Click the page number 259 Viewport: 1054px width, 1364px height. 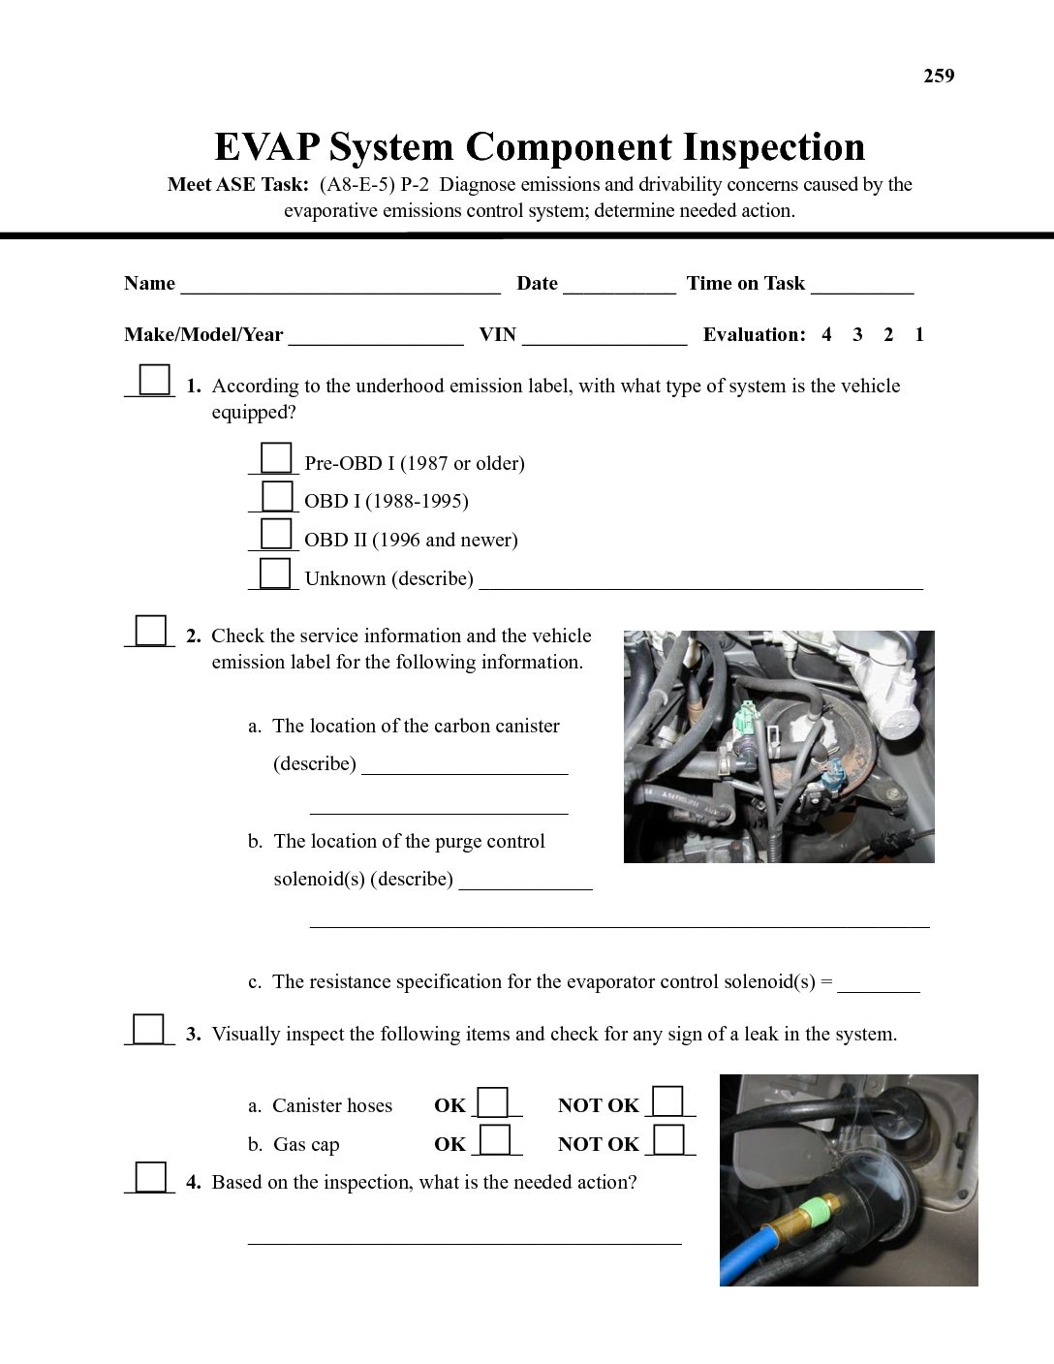(x=939, y=77)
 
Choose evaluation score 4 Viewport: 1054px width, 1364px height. (x=826, y=335)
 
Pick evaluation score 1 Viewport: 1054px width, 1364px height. (x=919, y=335)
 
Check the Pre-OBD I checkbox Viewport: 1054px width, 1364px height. (x=276, y=458)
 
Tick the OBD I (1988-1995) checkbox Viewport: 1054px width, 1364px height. (x=276, y=496)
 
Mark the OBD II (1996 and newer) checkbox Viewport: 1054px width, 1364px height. (x=276, y=535)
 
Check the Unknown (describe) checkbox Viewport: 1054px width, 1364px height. (x=276, y=573)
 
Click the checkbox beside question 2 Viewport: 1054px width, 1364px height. (x=150, y=631)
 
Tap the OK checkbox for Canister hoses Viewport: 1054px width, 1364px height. (x=494, y=1102)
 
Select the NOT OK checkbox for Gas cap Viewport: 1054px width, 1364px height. (x=669, y=1140)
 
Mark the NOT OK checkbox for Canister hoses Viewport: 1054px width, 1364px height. (x=669, y=1102)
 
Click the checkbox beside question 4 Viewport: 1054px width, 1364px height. (x=150, y=1177)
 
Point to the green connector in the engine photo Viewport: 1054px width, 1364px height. (x=744, y=721)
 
